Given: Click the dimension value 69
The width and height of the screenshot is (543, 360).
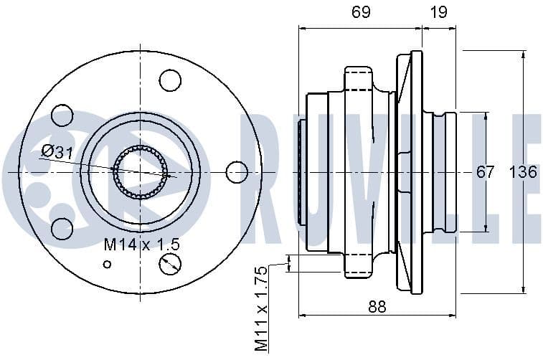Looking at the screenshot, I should click(x=360, y=11).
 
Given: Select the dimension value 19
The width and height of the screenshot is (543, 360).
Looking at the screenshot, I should click(x=439, y=11).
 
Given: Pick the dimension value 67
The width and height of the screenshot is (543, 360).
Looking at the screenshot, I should click(x=486, y=172).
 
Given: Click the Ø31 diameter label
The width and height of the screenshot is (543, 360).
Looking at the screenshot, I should click(x=57, y=151).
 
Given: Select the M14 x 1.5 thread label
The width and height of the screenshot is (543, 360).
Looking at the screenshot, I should click(x=141, y=245).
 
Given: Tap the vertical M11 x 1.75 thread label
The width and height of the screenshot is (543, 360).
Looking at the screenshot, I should click(x=261, y=308).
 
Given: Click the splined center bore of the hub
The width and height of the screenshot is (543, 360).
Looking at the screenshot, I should click(x=140, y=172).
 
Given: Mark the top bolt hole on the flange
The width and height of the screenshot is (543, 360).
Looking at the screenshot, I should click(x=170, y=80).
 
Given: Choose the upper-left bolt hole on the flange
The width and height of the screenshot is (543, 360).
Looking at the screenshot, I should click(x=62, y=115).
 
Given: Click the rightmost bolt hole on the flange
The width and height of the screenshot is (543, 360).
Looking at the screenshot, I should click(x=237, y=172).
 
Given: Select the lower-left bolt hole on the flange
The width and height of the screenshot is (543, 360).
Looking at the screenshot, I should click(x=62, y=229).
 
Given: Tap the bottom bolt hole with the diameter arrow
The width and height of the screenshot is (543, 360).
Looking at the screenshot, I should click(x=170, y=264).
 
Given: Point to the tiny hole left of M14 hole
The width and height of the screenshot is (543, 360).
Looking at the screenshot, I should click(x=107, y=264).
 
